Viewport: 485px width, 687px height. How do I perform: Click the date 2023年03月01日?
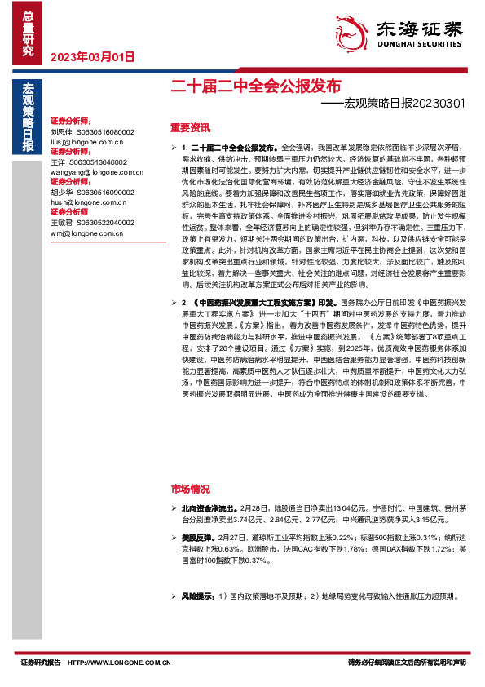tap(92, 56)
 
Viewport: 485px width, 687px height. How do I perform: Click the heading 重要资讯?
tap(190, 127)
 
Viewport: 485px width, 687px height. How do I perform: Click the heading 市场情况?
tap(190, 489)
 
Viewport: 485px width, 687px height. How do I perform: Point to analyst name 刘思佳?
tap(62, 131)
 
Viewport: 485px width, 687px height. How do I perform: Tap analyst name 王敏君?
tap(62, 222)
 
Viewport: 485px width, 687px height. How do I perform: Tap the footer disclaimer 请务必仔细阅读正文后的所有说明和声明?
tap(406, 663)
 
